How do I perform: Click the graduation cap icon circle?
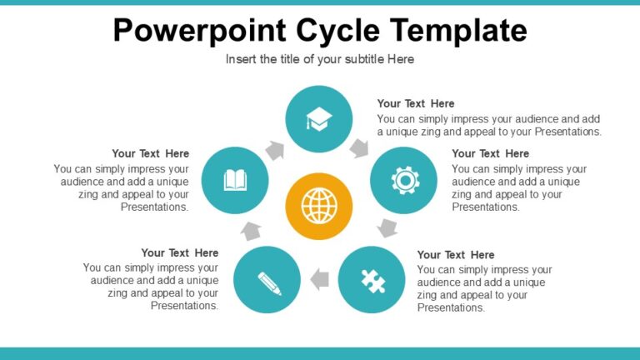318,119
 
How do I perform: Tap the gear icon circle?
403,180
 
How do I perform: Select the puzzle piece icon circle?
372,280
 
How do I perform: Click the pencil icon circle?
267,280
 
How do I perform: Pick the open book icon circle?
235,180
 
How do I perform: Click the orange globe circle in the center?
318,206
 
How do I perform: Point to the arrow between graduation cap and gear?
359,148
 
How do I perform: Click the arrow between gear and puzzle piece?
387,227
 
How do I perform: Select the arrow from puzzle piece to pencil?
319,280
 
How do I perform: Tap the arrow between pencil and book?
251,230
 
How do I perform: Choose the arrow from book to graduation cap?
275,150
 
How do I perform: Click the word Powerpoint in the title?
199,30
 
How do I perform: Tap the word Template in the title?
457,30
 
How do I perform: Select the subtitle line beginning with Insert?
320,59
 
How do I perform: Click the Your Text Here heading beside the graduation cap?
416,103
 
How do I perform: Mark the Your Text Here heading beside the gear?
490,153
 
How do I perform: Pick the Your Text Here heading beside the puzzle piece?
455,254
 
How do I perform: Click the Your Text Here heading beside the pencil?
180,252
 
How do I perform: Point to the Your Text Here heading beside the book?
151,153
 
